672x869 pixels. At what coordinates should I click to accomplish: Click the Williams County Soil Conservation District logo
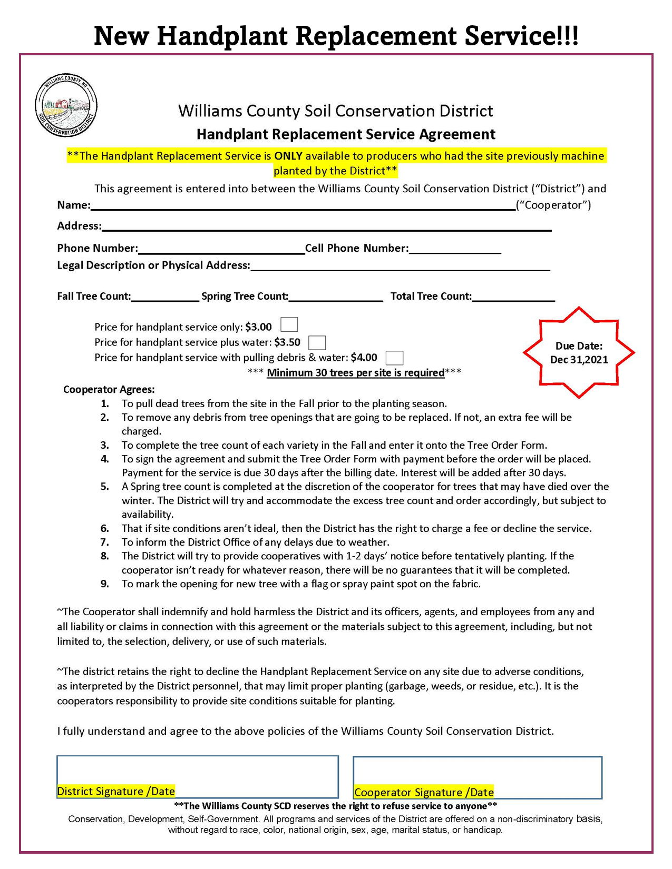66,105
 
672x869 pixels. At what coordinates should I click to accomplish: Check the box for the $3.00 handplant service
289,324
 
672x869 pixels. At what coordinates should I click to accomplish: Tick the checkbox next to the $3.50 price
317,342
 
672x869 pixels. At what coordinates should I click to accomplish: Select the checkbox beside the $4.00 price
394,358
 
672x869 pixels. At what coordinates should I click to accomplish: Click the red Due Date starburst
579,352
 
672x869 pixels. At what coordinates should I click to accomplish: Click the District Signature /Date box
197,776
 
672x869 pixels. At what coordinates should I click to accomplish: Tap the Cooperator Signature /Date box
477,777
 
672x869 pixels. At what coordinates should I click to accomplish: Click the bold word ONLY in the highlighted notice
288,156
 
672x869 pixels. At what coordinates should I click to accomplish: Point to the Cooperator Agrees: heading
109,390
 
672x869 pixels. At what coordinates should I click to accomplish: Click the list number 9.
105,584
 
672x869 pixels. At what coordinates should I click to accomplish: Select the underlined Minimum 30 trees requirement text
356,373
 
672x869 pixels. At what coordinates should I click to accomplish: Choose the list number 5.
105,487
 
